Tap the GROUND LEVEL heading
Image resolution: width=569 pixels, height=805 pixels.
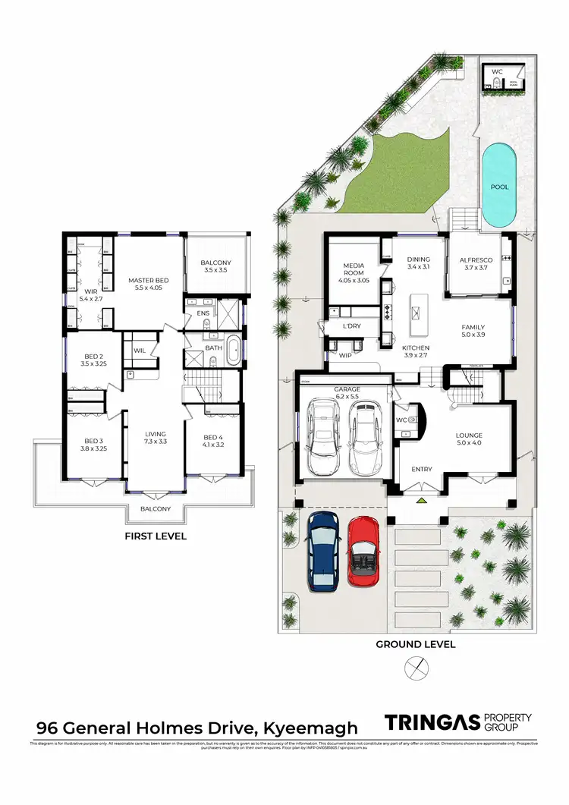point(416,645)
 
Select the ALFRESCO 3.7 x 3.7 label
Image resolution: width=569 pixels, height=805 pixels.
point(476,264)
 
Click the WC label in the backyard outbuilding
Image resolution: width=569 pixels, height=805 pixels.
point(497,71)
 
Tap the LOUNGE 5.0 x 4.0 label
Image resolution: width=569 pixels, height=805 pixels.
point(469,439)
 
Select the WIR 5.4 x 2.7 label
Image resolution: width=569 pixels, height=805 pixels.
point(90,295)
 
